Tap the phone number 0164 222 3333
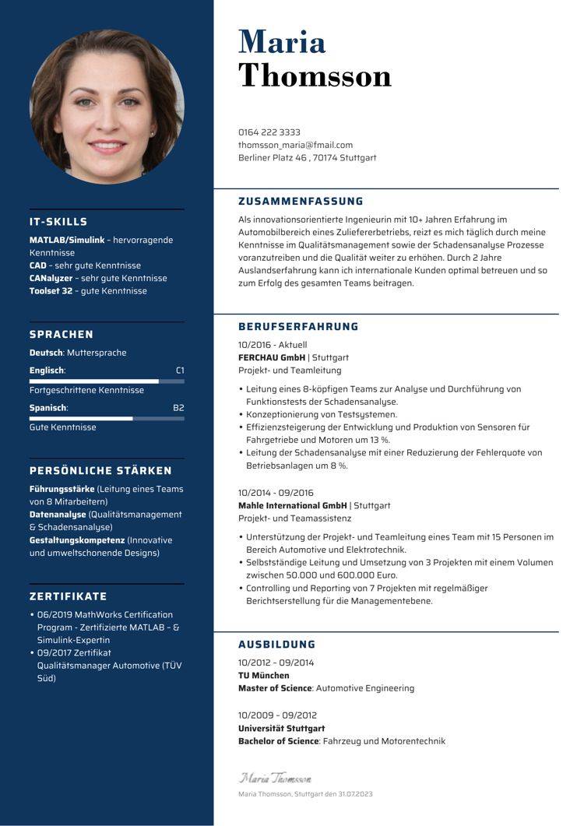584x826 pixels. click(269, 132)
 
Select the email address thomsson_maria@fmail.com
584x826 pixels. click(295, 145)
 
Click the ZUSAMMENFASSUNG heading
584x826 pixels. click(301, 201)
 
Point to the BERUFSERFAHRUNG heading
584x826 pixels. click(298, 327)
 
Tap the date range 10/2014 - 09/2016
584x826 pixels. click(276, 493)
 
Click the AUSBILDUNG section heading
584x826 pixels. click(276, 645)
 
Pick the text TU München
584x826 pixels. click(263, 676)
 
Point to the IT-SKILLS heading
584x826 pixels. click(58, 222)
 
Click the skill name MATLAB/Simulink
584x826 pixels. click(67, 240)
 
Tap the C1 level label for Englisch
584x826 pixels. click(180, 371)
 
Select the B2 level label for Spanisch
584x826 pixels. click(178, 408)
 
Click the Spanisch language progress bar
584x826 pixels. click(107, 419)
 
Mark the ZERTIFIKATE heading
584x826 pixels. click(68, 596)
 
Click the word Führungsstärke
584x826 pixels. click(62, 489)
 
